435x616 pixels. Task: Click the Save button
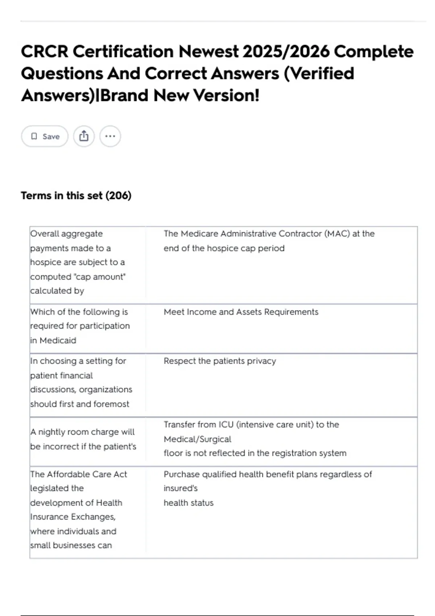pyautogui.click(x=45, y=136)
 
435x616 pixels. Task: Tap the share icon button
pyautogui.click(x=84, y=136)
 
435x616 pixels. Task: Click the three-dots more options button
pyautogui.click(x=110, y=136)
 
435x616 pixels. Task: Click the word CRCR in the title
pyautogui.click(x=44, y=51)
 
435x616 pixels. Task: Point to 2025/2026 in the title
pyautogui.click(x=286, y=51)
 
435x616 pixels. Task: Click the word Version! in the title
pyautogui.click(x=226, y=96)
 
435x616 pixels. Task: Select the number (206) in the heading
pyautogui.click(x=118, y=196)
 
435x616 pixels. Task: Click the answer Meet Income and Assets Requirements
pyautogui.click(x=241, y=312)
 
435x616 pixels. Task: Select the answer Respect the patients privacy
pyautogui.click(x=220, y=361)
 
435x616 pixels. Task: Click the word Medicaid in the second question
pyautogui.click(x=58, y=341)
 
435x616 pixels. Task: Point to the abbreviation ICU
pyautogui.click(x=225, y=425)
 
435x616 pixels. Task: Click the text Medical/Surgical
pyautogui.click(x=197, y=439)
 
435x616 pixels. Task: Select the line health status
pyautogui.click(x=188, y=503)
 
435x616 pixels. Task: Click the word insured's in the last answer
pyautogui.click(x=181, y=488)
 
